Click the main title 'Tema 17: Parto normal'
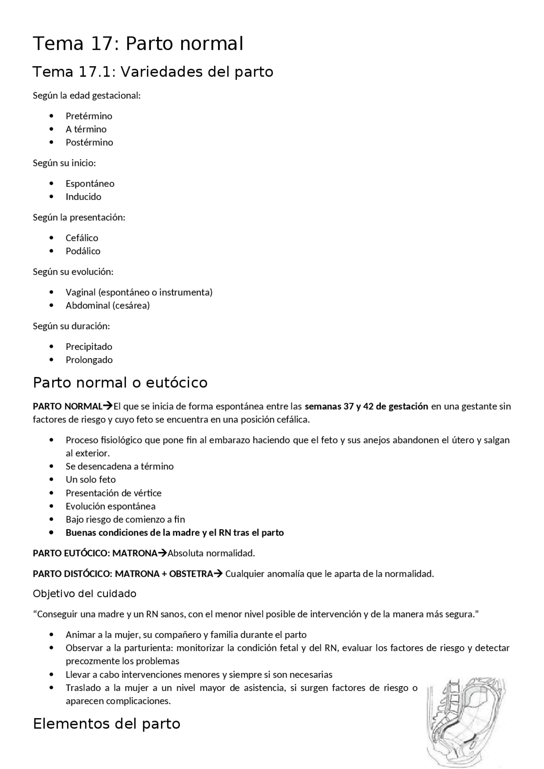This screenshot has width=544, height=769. tap(138, 44)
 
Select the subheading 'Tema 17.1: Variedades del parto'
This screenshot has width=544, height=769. tap(153, 72)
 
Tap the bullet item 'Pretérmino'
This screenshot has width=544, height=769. tap(89, 116)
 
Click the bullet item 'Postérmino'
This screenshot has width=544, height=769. tap(89, 142)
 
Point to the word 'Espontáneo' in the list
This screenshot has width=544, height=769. tap(90, 183)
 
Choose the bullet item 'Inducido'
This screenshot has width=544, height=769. tap(83, 197)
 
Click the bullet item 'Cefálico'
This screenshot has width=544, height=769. tap(82, 238)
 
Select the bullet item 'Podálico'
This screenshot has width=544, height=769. tap(83, 251)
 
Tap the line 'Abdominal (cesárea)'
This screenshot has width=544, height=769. tap(108, 305)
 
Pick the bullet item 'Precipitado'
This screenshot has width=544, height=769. tap(89, 346)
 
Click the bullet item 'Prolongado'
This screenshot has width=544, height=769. tap(89, 360)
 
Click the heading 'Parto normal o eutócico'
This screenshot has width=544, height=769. tap(120, 383)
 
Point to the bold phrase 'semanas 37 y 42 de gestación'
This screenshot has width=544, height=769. tap(366, 406)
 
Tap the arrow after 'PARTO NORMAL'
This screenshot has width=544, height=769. tap(108, 406)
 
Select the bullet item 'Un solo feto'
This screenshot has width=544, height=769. tap(91, 479)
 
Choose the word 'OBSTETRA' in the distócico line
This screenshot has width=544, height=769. tap(191, 574)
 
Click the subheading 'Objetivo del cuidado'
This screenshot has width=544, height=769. tap(85, 594)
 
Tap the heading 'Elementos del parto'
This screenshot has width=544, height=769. tap(107, 724)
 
